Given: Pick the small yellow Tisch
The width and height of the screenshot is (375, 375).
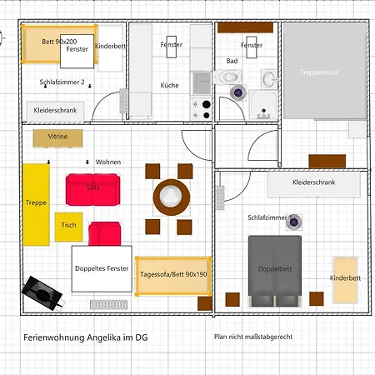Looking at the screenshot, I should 68,226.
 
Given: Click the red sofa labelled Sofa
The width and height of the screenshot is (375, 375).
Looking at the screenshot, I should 92,187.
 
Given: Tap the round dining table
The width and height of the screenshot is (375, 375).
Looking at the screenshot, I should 170,197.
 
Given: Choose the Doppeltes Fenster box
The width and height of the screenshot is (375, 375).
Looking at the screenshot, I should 101,269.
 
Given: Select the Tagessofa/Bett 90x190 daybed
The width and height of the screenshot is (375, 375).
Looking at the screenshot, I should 172,274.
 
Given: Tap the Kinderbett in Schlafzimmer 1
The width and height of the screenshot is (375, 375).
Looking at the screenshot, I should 345,278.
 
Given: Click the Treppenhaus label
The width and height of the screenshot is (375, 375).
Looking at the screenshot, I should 320,73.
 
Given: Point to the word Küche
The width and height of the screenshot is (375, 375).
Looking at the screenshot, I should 170,86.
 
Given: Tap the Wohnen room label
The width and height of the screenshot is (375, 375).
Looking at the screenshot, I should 108,162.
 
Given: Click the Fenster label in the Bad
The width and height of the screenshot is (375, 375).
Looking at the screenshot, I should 252,45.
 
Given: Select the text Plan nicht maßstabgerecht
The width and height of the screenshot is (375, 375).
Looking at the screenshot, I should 252,337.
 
